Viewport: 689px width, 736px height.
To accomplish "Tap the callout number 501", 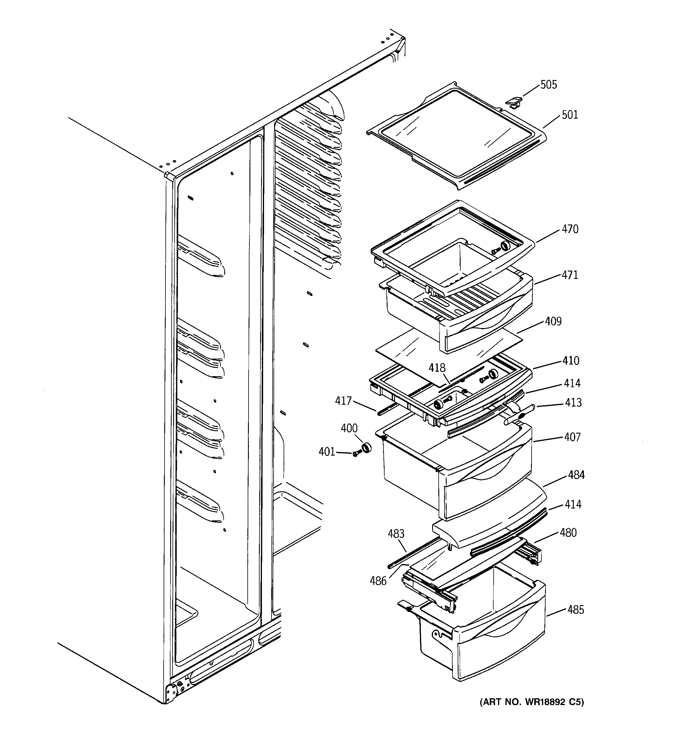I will click(x=570, y=115).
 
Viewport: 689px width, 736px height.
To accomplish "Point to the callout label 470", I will click(x=570, y=229).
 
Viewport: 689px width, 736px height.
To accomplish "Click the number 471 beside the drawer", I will click(x=570, y=275).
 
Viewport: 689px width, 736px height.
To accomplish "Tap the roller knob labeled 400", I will click(x=366, y=448).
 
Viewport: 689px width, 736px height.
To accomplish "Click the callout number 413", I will click(x=573, y=402).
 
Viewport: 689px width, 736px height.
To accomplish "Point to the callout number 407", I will click(x=572, y=437).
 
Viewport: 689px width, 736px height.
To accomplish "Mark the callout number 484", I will click(x=576, y=475).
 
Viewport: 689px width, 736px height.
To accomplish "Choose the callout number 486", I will click(x=378, y=581).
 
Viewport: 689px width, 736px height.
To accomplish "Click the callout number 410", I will click(x=571, y=361).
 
